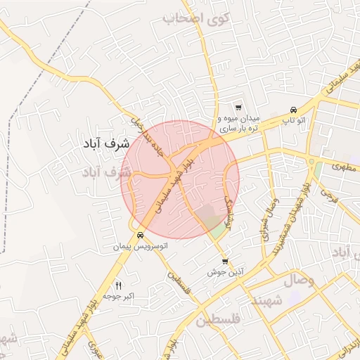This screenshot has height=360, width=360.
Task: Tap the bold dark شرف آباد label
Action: coord(102,143)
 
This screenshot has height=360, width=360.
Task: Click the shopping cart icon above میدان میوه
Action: coord(239,108)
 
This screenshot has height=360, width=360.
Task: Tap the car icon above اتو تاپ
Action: coord(293,110)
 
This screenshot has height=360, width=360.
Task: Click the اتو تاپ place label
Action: coord(293,121)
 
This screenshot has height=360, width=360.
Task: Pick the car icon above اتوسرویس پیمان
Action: coord(141,236)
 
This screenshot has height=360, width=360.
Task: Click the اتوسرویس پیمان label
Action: coord(141,247)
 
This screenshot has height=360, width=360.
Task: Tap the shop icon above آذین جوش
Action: coord(225,262)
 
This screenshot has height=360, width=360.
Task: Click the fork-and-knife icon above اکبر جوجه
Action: coord(118,285)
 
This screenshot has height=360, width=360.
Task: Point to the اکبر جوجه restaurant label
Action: coord(118,297)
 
